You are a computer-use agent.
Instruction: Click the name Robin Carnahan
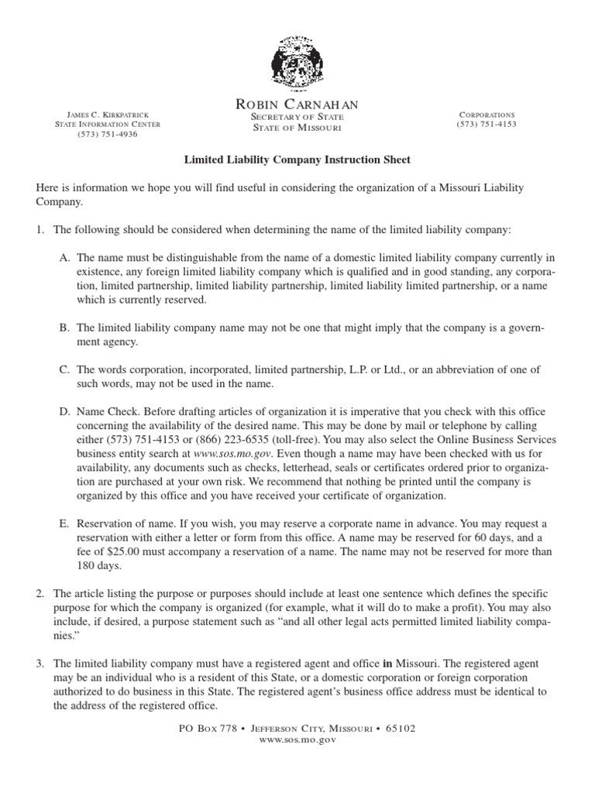click(x=297, y=104)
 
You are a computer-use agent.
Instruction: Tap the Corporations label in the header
click(x=487, y=114)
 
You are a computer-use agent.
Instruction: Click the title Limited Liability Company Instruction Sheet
click(x=297, y=160)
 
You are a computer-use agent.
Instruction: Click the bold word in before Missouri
click(x=387, y=664)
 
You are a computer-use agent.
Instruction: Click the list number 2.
click(x=40, y=592)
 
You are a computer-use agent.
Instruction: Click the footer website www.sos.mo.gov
click(x=297, y=740)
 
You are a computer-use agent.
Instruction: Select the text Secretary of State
click(x=297, y=116)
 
